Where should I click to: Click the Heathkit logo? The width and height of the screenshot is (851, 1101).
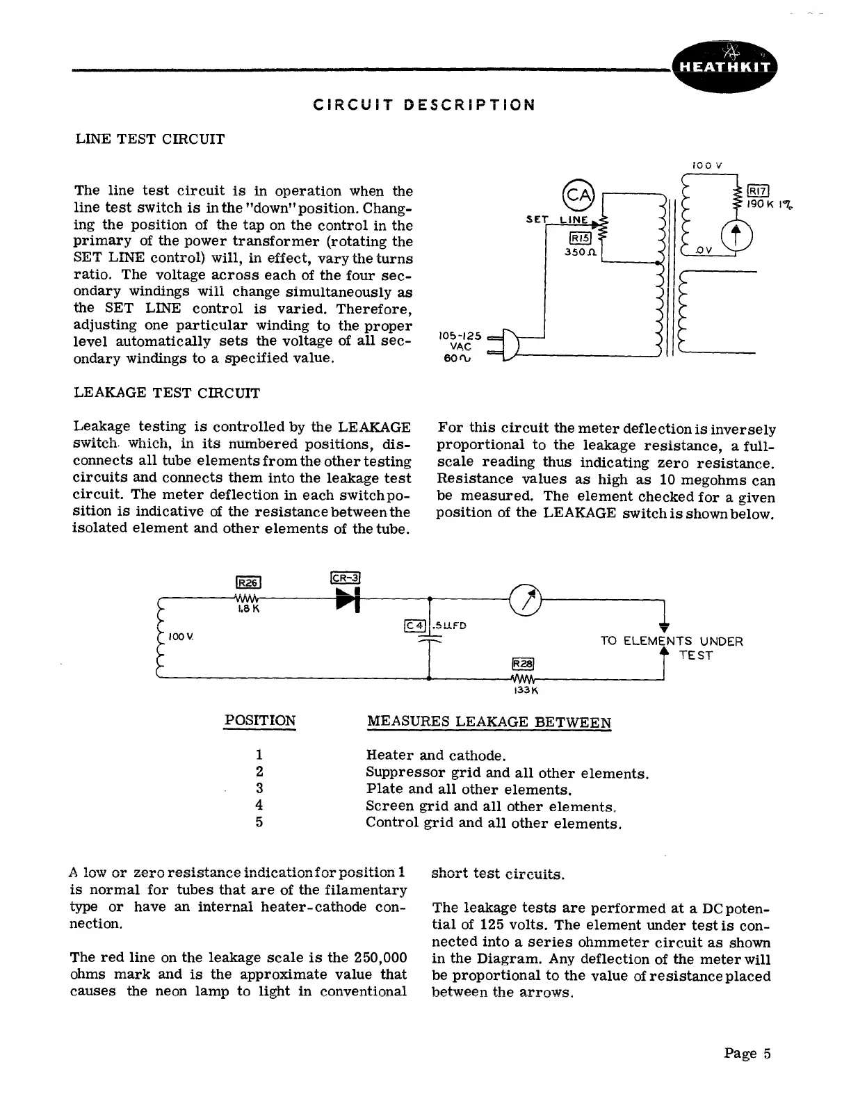click(725, 66)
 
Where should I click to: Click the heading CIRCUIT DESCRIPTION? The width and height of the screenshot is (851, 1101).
click(424, 105)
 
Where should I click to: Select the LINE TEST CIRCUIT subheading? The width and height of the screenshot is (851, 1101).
click(150, 138)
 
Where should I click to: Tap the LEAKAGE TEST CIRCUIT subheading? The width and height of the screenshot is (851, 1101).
click(167, 393)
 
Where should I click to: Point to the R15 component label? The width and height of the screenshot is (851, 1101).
click(579, 237)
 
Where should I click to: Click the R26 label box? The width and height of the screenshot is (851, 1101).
click(248, 582)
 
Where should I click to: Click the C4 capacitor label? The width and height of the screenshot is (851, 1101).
click(414, 625)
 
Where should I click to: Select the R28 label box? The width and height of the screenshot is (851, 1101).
click(522, 663)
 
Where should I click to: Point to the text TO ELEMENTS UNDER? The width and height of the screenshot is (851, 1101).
click(671, 641)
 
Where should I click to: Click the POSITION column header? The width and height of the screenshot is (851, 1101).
click(259, 721)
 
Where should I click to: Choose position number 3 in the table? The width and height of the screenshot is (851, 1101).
click(259, 788)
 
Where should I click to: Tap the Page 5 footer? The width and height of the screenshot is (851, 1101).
click(747, 1053)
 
